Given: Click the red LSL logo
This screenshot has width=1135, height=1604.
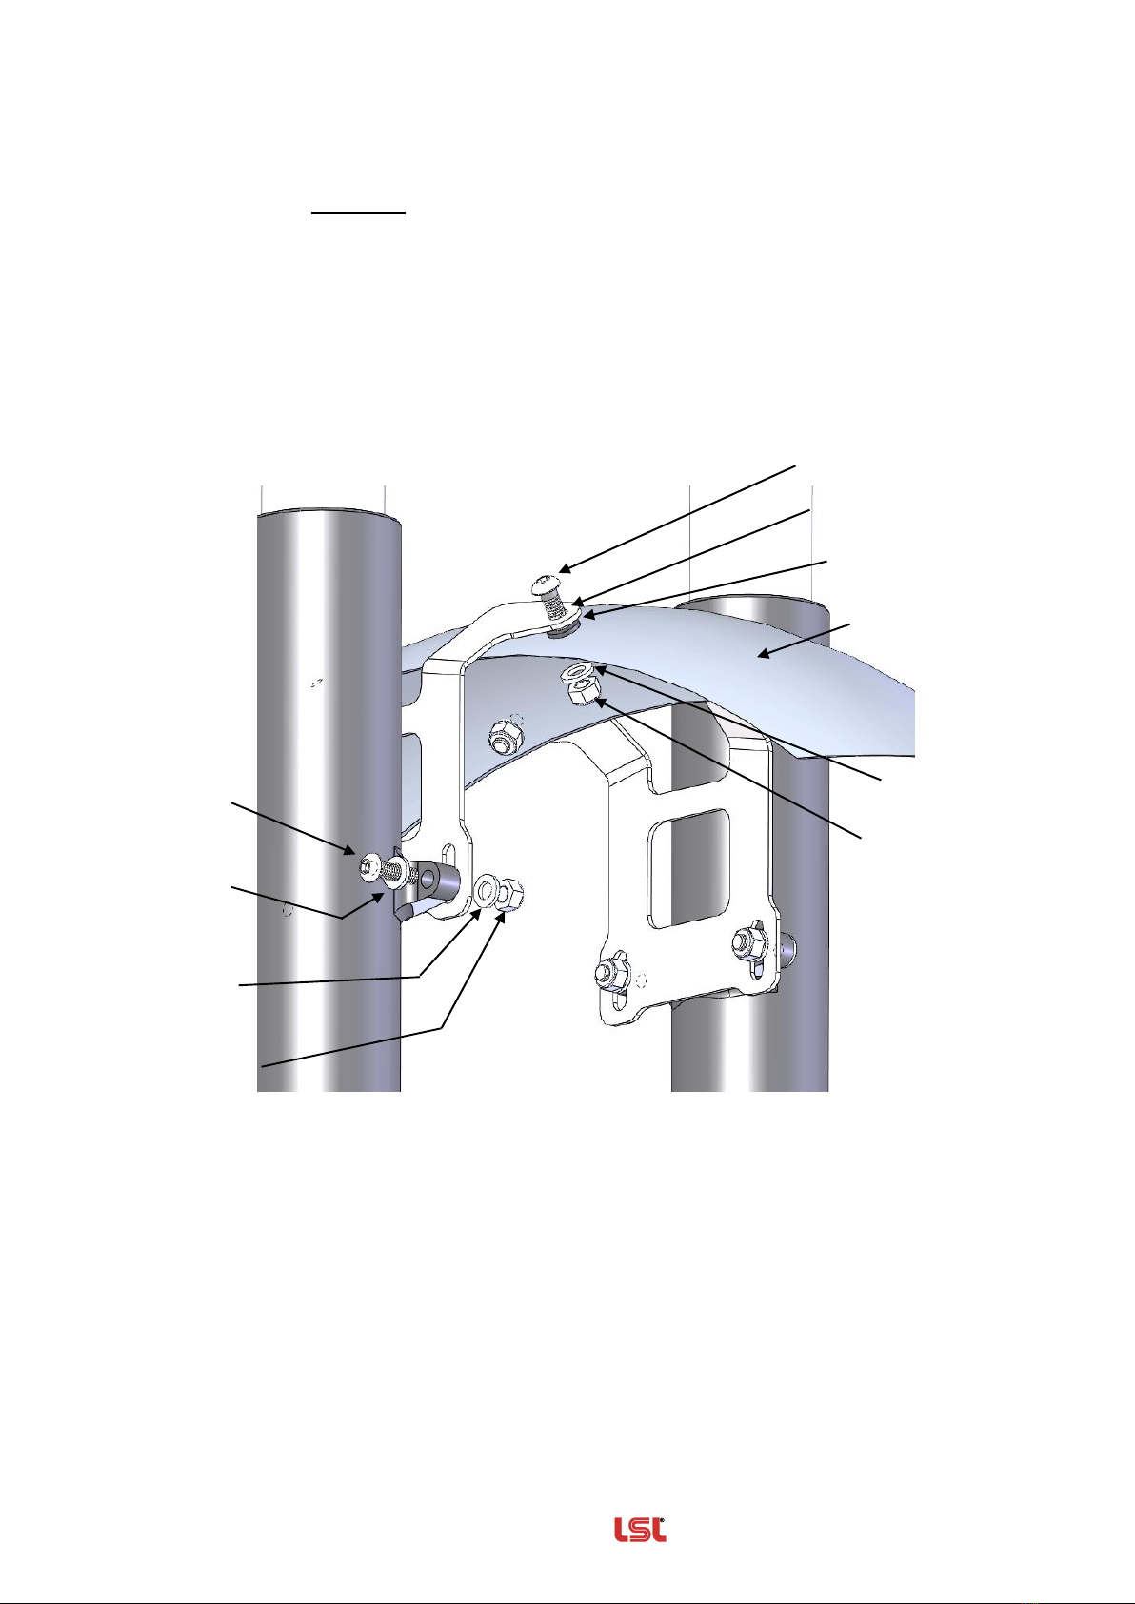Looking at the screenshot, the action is click(x=640, y=1529).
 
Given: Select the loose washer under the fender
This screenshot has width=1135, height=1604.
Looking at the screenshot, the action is click(x=576, y=672).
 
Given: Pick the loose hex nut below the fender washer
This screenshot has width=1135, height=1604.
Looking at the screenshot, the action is click(x=581, y=694).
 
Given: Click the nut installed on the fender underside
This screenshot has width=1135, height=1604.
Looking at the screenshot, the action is click(x=502, y=736).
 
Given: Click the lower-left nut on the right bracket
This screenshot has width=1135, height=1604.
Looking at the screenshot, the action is click(x=610, y=973).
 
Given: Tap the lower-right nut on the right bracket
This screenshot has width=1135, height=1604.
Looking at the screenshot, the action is click(x=749, y=941).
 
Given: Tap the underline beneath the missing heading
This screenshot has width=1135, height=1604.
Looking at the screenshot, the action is click(x=358, y=212).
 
